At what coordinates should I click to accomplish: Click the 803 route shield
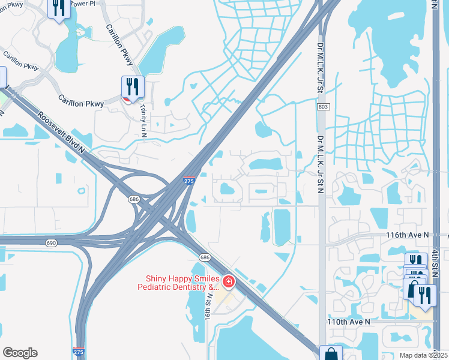click(323, 106)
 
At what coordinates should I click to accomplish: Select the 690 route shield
click(51, 242)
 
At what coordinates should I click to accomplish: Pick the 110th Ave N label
click(349, 322)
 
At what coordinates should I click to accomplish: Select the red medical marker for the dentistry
click(228, 281)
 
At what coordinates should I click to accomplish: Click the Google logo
click(20, 353)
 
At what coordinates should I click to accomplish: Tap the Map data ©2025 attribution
click(423, 355)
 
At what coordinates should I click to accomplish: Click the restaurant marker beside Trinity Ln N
click(132, 88)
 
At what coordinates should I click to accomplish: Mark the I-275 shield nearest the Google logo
click(78, 352)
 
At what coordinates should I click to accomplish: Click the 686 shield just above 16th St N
click(205, 257)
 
